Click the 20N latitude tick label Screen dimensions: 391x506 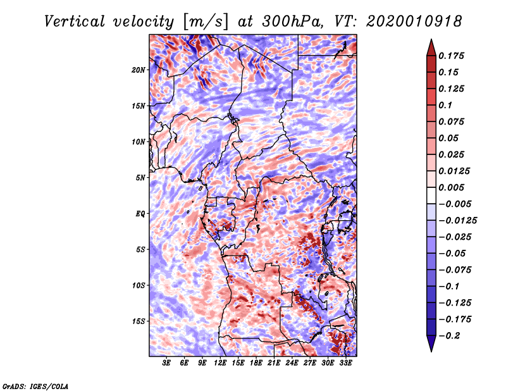[139, 70]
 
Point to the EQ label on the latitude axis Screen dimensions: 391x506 [140, 213]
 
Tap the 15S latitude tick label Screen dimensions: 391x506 [139, 321]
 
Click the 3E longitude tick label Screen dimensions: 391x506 [166, 363]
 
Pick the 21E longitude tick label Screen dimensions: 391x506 [274, 363]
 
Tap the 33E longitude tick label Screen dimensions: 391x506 [346, 363]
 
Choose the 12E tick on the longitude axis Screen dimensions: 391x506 [220, 363]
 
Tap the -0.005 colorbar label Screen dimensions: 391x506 [455, 204]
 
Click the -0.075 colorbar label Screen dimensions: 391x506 [455, 270]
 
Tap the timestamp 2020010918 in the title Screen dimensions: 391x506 [405, 21]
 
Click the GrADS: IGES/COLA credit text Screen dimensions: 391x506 [35, 385]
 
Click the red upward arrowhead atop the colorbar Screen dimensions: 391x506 [431, 46]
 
